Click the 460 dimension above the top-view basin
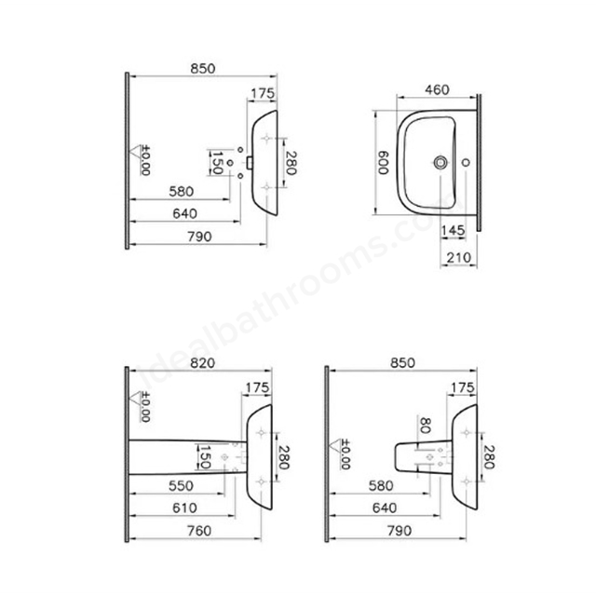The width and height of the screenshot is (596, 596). click(437, 89)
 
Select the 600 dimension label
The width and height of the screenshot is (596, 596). click(383, 163)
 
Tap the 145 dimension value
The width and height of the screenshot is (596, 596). click(453, 230)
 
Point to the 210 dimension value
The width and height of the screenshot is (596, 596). click(459, 257)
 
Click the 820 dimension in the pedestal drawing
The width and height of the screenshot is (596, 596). click(202, 363)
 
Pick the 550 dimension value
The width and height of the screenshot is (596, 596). click(181, 485)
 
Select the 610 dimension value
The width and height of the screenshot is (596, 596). click(184, 508)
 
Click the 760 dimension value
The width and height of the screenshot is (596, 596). click(199, 531)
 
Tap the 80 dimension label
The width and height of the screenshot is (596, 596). click(426, 426)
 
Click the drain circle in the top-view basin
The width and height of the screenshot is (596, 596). click(440, 162)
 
